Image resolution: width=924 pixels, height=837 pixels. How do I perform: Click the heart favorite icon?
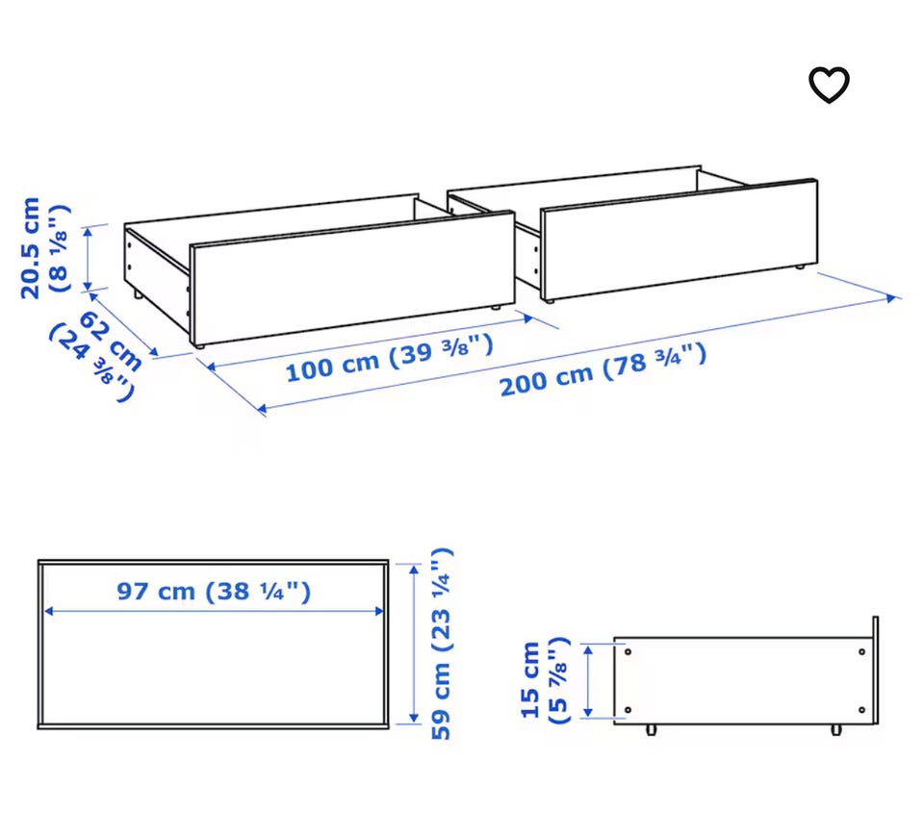[829, 85]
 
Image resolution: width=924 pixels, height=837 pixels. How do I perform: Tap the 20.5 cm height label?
[30, 248]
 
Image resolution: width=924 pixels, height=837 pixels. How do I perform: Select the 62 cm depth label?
[111, 341]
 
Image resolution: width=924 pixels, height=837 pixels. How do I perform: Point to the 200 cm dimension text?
[547, 381]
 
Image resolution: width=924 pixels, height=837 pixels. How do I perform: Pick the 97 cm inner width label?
[156, 591]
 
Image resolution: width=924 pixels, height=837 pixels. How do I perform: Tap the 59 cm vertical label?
[441, 700]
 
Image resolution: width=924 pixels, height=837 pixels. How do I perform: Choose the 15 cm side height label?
[530, 680]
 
